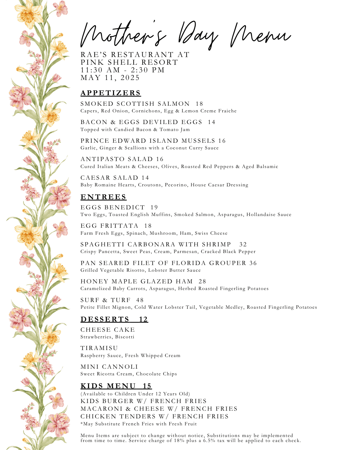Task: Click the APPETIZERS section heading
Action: [111, 93]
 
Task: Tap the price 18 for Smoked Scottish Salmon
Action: [199, 104]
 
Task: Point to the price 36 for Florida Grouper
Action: [253, 263]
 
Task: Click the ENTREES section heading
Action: [103, 197]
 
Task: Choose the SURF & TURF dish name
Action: [105, 300]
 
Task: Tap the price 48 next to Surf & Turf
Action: [140, 300]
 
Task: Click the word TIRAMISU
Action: [99, 348]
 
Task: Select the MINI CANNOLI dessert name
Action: [109, 367]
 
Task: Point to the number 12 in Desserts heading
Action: [143, 319]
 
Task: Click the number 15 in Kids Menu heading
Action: [147, 386]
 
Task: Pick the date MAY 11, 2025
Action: [110, 78]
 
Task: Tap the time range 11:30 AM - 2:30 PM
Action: [123, 70]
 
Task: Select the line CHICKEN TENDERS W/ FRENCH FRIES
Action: [154, 416]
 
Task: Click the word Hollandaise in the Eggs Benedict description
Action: [260, 215]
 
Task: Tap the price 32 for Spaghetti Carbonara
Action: [243, 245]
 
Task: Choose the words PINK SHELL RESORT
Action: [129, 62]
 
